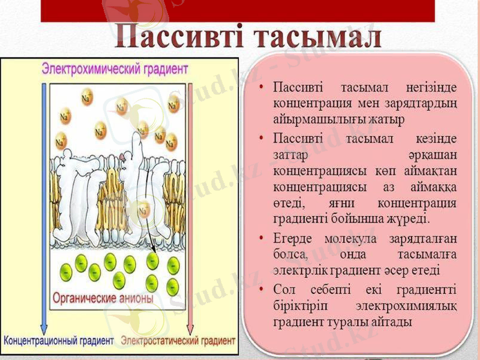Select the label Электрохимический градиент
tap(115, 67)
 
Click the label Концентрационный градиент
tap(59, 341)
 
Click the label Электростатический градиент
tap(178, 341)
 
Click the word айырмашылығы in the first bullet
tap(313, 119)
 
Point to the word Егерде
tap(294, 238)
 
